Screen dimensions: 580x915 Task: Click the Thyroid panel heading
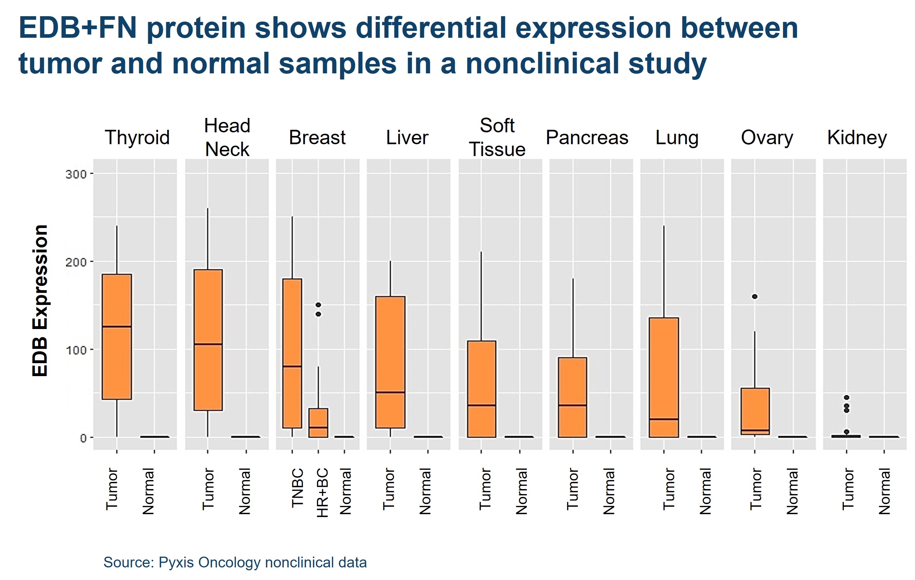(x=137, y=137)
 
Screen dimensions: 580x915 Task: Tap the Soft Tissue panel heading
(x=497, y=137)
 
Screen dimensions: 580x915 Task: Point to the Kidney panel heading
(x=857, y=137)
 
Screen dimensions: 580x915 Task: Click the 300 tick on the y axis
(x=76, y=174)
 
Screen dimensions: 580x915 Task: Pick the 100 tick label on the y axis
(x=76, y=350)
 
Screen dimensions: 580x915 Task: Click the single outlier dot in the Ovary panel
(x=755, y=297)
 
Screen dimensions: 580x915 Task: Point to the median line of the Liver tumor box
(x=390, y=392)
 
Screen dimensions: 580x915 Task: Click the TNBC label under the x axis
(x=298, y=488)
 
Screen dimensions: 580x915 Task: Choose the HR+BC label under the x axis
(x=322, y=493)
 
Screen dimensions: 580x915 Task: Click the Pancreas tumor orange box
(x=572, y=397)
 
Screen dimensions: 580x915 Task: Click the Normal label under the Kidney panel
(x=885, y=491)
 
